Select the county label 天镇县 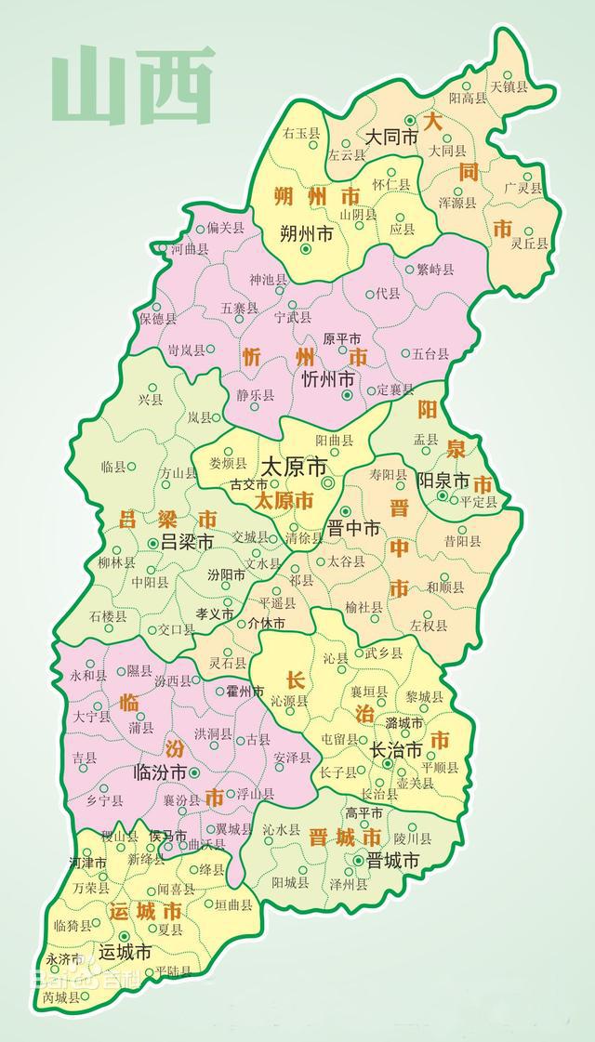509,86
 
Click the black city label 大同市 390,137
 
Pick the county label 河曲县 189,250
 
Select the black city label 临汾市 160,772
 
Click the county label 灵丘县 530,244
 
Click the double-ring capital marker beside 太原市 327,484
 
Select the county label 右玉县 301,134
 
